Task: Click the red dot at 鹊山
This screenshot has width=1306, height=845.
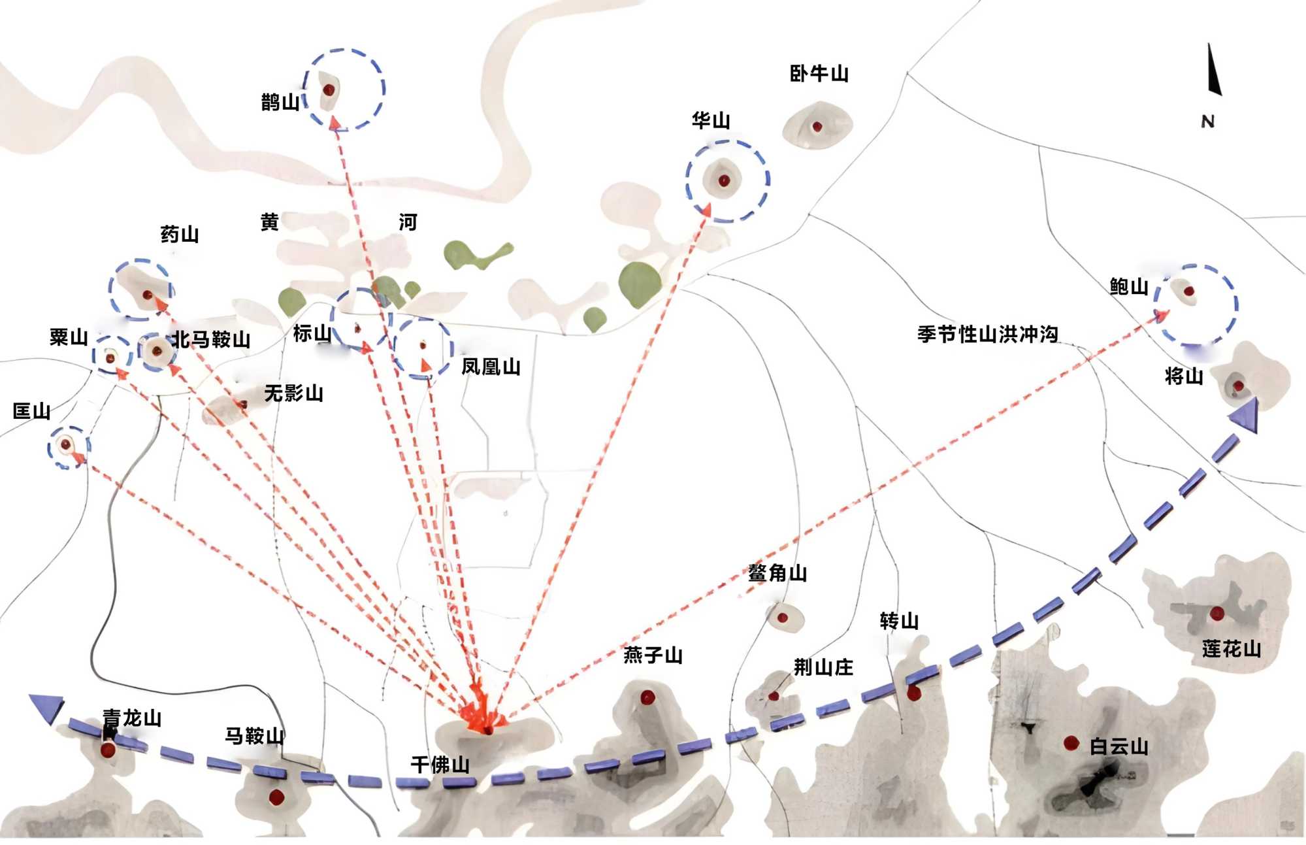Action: (329, 89)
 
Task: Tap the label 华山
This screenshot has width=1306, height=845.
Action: (711, 121)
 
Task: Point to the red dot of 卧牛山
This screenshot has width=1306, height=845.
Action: (817, 127)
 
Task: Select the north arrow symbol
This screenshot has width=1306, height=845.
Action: (1213, 70)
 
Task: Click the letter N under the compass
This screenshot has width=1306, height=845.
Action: (1207, 122)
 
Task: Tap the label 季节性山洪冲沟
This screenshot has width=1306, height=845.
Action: (987, 335)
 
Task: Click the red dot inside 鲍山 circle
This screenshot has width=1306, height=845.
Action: (1189, 291)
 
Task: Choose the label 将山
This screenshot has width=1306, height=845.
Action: (1184, 376)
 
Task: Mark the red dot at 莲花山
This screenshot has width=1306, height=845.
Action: (1216, 613)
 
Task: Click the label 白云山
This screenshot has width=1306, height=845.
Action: (1118, 746)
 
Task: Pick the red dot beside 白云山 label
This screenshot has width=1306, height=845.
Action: (1071, 743)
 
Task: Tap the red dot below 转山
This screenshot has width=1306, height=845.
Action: (913, 693)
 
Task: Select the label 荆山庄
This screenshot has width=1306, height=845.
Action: (823, 667)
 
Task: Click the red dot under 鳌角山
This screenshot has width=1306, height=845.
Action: (782, 618)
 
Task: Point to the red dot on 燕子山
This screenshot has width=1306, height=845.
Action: (647, 697)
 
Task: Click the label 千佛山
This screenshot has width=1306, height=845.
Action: (440, 765)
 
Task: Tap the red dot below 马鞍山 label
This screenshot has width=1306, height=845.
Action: (276, 797)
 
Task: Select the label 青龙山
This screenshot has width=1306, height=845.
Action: (132, 718)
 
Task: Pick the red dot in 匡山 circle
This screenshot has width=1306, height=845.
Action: (65, 445)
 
